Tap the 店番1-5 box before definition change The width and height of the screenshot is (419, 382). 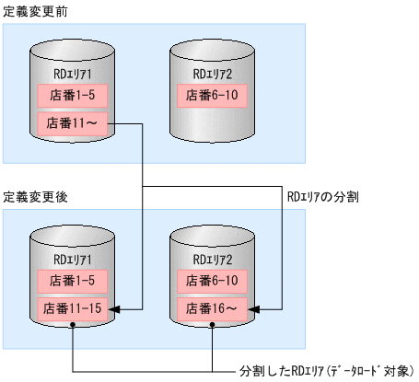[x=74, y=94]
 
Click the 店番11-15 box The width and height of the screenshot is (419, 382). [x=74, y=307]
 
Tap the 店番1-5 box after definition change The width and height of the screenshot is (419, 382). [x=74, y=280]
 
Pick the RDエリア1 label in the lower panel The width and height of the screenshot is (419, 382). [x=74, y=259]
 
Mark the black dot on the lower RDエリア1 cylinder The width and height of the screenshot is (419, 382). [x=73, y=333]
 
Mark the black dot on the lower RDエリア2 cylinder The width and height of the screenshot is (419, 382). [x=213, y=333]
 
